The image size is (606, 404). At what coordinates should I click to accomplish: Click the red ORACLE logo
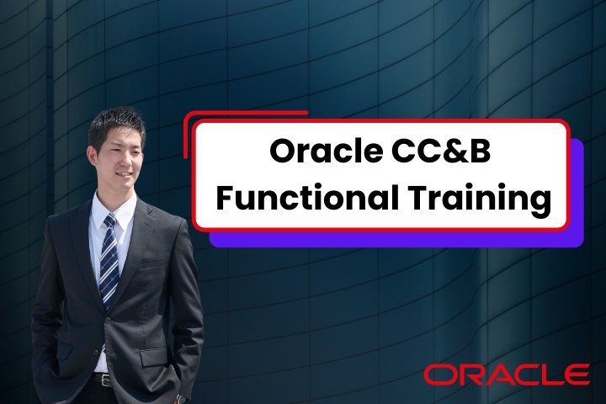(x=506, y=374)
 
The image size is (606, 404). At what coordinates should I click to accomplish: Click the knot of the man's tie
(x=109, y=221)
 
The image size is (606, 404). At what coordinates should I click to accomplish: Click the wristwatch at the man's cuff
(x=181, y=398)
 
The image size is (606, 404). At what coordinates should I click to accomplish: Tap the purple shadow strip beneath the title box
(x=396, y=239)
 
